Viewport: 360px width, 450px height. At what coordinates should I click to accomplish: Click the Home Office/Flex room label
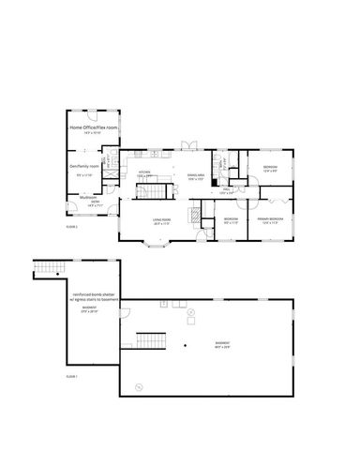pyautogui.click(x=93, y=126)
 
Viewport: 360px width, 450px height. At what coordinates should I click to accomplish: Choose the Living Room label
pyautogui.click(x=161, y=221)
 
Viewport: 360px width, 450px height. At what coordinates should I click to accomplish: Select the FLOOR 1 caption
pyautogui.click(x=71, y=375)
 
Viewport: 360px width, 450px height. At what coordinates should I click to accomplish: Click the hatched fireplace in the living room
pyautogui.click(x=194, y=214)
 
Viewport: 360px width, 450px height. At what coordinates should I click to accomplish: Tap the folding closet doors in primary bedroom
pyautogui.click(x=278, y=200)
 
